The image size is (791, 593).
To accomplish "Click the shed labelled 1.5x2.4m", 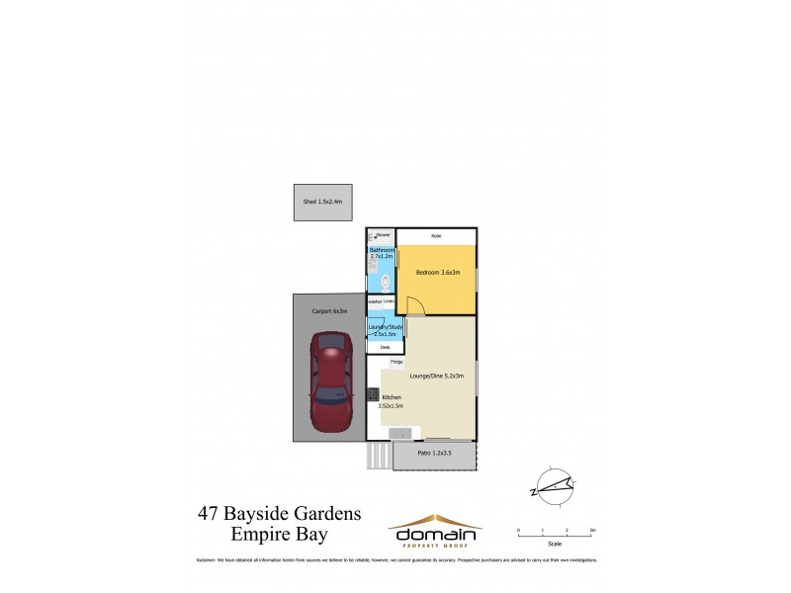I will (322, 202).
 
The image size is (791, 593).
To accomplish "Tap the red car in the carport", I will (328, 383).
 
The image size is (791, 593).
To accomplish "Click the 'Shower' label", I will (383, 235).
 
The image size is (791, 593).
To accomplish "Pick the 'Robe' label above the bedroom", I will (435, 235).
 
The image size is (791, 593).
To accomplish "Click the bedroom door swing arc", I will (417, 306).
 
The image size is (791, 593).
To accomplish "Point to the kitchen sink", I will (401, 435).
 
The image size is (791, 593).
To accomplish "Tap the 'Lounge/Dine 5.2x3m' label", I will (436, 376).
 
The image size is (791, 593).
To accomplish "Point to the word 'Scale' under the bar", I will (555, 544).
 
